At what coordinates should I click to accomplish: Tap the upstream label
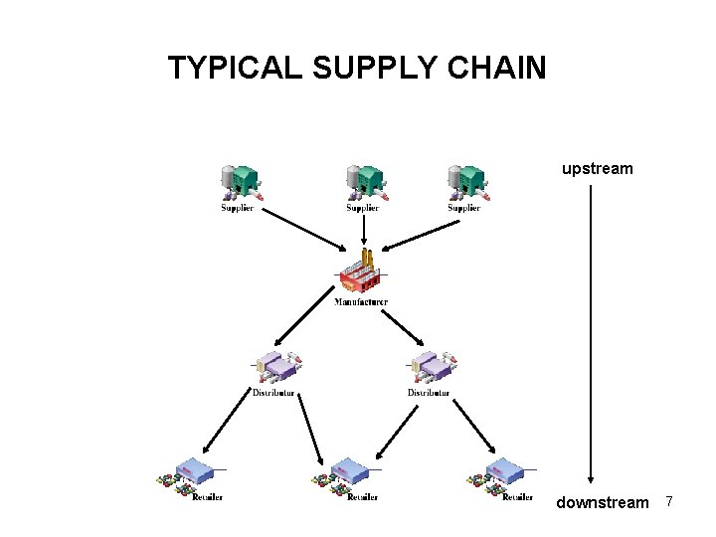(597, 169)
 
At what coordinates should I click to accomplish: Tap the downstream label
(602, 503)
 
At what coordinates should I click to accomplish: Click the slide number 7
(669, 502)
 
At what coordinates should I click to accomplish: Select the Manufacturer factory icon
(360, 273)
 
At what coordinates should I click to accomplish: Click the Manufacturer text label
(361, 301)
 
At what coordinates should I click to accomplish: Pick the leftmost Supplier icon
(239, 182)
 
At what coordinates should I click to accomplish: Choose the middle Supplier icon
(364, 182)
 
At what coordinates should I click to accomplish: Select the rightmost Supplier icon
(465, 182)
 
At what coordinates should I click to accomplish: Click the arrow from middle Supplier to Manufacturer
(364, 231)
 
